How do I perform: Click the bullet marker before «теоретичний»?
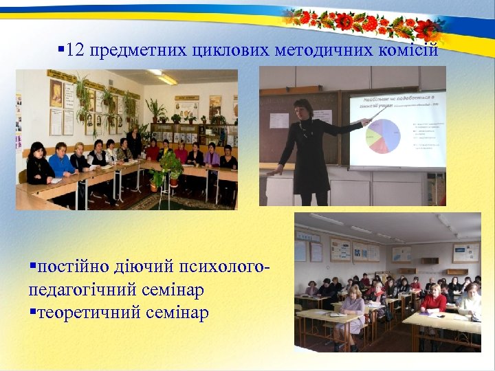point(32,313)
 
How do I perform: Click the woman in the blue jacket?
point(63,162)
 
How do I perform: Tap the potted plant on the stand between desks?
point(170,168)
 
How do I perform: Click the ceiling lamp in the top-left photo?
point(164,76)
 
